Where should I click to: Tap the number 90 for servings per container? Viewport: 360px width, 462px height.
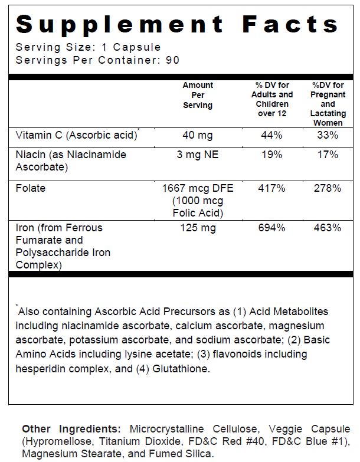(172, 60)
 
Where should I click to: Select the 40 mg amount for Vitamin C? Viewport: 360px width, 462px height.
(198, 135)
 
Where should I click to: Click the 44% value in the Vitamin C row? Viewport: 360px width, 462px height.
(271, 135)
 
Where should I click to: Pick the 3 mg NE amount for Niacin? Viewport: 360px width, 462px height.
(198, 155)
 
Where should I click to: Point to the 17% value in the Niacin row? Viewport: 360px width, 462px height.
(328, 155)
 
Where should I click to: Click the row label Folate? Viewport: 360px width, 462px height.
(31, 188)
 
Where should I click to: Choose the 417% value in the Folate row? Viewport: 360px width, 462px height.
(271, 188)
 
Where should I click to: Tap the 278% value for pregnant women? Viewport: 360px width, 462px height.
(328, 188)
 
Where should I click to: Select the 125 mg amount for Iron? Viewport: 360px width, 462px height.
(198, 228)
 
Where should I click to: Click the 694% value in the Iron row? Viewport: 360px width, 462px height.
(271, 228)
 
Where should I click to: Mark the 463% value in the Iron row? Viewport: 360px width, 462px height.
(328, 228)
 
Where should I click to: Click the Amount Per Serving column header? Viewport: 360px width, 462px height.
(198, 95)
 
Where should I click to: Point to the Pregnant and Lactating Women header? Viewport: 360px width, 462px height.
(328, 104)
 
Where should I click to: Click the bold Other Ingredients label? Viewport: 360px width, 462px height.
(71, 429)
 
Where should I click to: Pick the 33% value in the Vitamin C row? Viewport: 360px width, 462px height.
(328, 135)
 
